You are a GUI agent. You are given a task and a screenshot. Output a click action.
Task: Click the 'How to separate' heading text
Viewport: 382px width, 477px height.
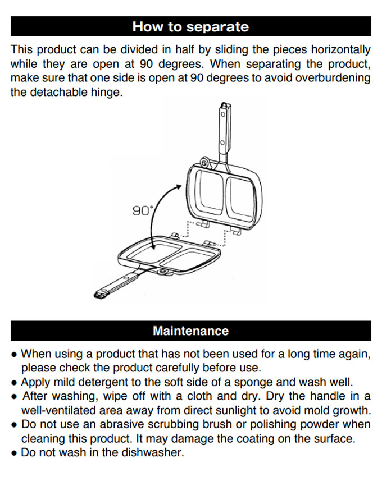tap(190, 27)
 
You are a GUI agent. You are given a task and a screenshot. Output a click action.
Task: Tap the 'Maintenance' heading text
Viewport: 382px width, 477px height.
tap(190, 331)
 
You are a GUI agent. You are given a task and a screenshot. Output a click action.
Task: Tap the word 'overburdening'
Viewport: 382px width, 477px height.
tap(333, 78)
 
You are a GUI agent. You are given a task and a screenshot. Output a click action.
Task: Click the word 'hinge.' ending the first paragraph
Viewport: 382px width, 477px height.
tap(107, 93)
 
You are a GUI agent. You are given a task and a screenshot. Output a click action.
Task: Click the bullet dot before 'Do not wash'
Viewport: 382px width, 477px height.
tap(13, 453)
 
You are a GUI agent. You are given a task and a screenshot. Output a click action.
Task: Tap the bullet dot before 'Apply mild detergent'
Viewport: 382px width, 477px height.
tap(13, 383)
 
